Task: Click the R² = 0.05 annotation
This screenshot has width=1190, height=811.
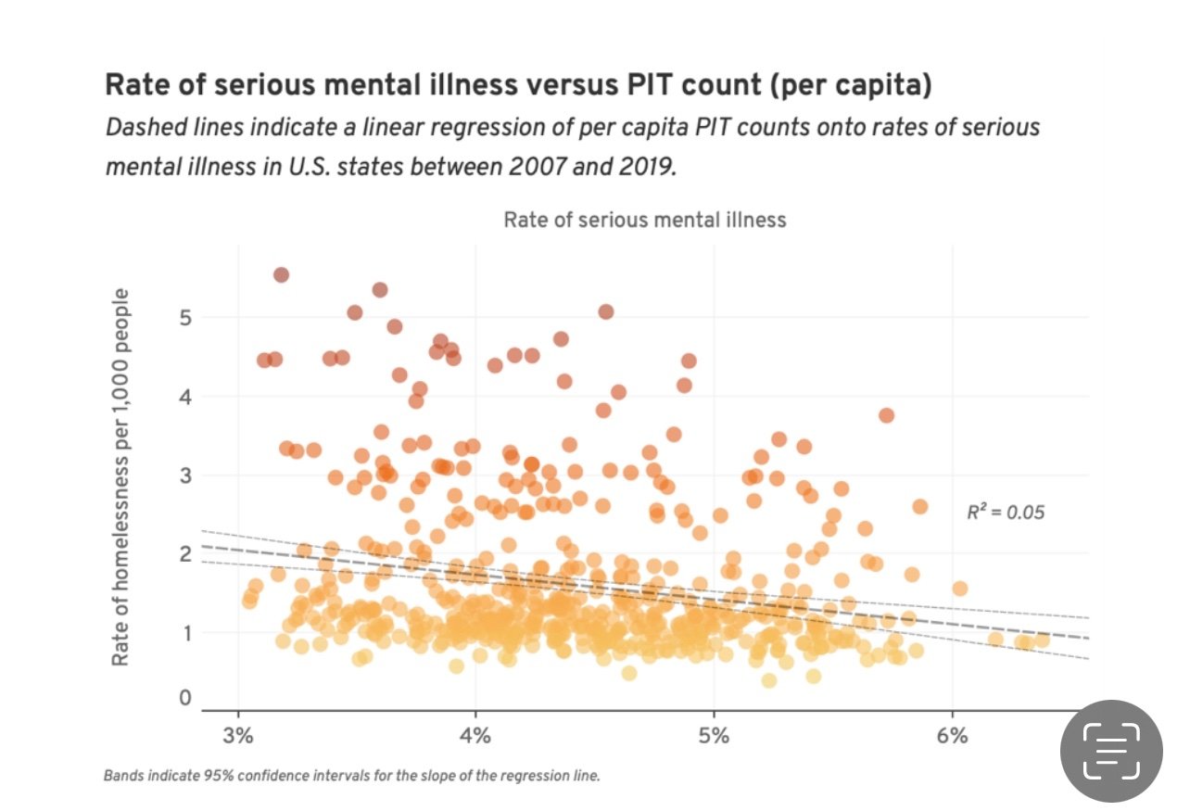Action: pos(1006,512)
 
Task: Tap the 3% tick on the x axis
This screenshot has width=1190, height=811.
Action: pos(238,738)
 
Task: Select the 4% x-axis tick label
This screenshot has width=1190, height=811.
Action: pos(475,738)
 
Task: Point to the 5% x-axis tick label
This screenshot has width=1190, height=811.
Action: pos(714,738)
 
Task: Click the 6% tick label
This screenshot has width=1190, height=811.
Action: pos(952,738)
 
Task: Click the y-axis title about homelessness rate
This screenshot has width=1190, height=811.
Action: pos(120,477)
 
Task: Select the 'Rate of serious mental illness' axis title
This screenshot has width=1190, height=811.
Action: pos(644,220)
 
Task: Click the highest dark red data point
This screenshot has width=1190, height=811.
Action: pos(281,274)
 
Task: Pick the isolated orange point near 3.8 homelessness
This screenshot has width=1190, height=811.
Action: pos(886,415)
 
